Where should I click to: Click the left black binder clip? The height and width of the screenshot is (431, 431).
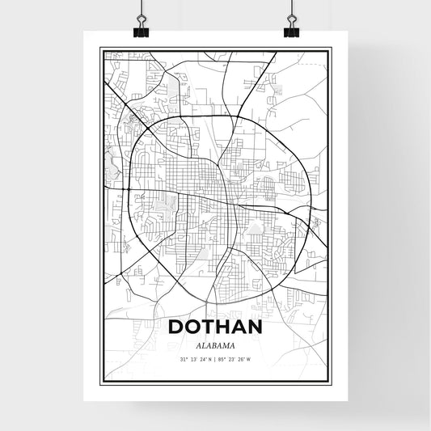[x=142, y=25]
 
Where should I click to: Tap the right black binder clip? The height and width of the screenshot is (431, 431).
[x=291, y=25]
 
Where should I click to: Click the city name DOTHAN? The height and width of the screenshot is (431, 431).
[x=215, y=327]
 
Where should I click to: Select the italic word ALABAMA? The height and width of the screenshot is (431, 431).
[x=215, y=344]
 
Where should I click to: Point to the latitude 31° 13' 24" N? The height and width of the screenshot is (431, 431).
[x=194, y=360]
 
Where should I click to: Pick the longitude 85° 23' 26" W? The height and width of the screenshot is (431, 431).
[x=238, y=360]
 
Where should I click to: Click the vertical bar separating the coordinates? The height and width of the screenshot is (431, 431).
[x=216, y=360]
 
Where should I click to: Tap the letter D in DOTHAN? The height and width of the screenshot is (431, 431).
[x=175, y=327]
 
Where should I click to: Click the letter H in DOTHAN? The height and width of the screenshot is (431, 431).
[x=223, y=327]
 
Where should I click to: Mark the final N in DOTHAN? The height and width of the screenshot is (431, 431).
[x=256, y=327]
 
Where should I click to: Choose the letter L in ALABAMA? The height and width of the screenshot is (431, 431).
[x=202, y=344]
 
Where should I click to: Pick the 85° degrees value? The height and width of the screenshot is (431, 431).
[x=223, y=360]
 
